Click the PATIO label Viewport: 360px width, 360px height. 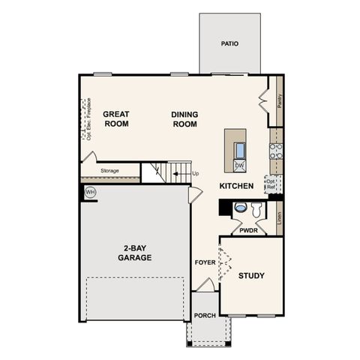pos(229,43)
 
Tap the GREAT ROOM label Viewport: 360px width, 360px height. pos(116,118)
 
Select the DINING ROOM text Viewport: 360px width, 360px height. pos(184,118)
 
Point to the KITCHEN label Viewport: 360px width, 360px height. pos(236,185)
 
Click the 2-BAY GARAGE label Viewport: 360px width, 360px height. pos(134,253)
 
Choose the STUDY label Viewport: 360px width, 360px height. pos(251,276)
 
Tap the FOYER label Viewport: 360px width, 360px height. pos(205,263)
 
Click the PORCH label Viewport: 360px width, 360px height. pos(205,316)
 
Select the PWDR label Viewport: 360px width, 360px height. pos(249,231)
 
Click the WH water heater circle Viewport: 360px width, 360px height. pos(91,193)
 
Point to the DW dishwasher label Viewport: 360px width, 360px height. pos(239,165)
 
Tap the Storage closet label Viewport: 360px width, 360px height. pos(109,171)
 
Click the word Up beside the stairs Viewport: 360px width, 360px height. pos(196,174)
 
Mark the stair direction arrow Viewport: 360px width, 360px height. pos(177,174)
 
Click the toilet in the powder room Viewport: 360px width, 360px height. pos(240,207)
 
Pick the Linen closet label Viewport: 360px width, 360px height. pos(279,217)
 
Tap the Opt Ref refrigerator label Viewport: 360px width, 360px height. pos(270,184)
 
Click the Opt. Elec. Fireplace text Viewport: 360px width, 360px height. pos(88,119)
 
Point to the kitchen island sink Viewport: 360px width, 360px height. pos(240,148)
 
